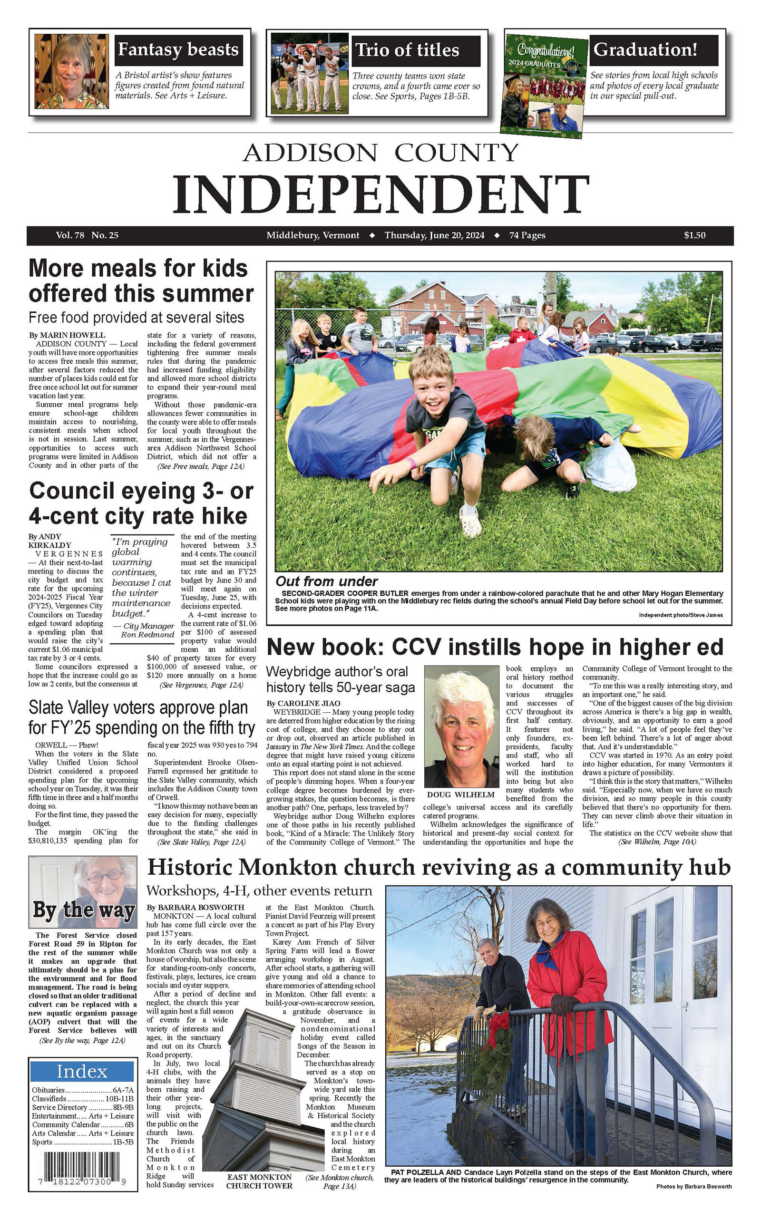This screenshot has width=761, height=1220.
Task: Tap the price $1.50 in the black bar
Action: click(694, 235)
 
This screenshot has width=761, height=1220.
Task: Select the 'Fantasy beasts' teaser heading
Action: click(178, 50)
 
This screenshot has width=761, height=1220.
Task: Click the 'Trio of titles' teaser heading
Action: click(407, 50)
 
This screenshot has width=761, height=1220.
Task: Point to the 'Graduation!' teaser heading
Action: click(645, 50)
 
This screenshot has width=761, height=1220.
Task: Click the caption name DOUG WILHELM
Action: click(460, 795)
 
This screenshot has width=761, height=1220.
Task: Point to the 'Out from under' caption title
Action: click(327, 581)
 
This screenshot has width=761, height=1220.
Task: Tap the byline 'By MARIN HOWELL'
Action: click(67, 335)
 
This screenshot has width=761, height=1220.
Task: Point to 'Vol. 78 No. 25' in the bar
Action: click(87, 235)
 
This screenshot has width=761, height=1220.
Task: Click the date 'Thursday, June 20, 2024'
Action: click(434, 235)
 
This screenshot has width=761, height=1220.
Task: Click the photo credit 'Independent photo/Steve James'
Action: click(681, 615)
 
